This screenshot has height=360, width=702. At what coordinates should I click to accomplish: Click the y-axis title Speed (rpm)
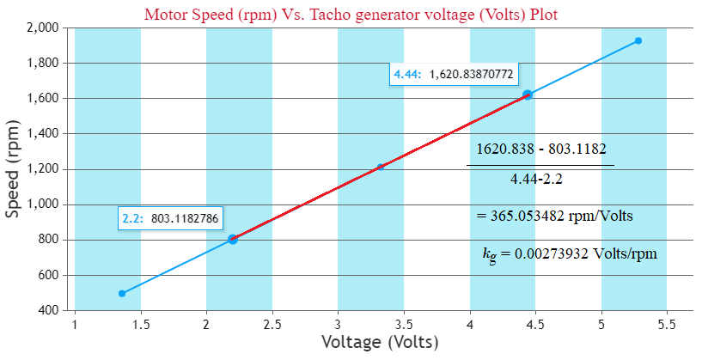click(14, 169)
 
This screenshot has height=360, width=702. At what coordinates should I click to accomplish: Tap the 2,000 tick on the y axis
click(41, 27)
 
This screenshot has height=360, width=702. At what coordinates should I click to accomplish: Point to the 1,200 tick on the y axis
click(41, 169)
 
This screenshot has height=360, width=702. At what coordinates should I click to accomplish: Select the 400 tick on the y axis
click(47, 310)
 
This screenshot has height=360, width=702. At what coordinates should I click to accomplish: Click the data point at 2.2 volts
click(233, 240)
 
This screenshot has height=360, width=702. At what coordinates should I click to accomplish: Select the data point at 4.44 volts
click(528, 95)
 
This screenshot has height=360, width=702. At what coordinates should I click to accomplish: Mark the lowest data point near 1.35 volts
click(122, 294)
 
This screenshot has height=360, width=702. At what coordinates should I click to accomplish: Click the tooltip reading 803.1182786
click(169, 219)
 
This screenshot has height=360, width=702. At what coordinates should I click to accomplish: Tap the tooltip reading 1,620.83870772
click(453, 75)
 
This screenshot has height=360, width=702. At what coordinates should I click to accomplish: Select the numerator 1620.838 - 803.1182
click(540, 149)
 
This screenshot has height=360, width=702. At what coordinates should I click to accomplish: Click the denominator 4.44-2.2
click(541, 180)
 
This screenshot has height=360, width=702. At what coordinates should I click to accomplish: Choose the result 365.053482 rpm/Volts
click(554, 216)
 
